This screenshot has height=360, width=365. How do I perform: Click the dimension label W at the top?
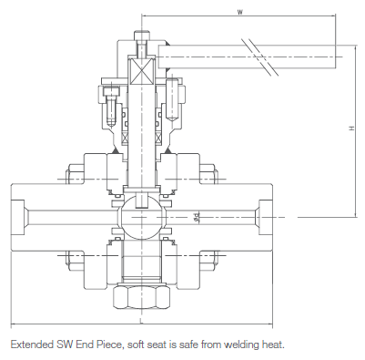coord(239,12)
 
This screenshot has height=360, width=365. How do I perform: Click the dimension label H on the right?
coord(352,129)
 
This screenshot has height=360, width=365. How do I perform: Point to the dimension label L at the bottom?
coord(141,321)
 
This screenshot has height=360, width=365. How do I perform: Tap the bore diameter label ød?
coord(197,217)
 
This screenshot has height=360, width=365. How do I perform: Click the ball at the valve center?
coord(142,217)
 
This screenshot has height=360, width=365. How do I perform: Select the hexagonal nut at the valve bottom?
coord(142,296)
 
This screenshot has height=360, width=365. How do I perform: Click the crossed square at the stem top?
coord(142,71)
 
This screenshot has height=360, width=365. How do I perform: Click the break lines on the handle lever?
coord(259,57)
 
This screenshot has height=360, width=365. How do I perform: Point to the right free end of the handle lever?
coord(336,57)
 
